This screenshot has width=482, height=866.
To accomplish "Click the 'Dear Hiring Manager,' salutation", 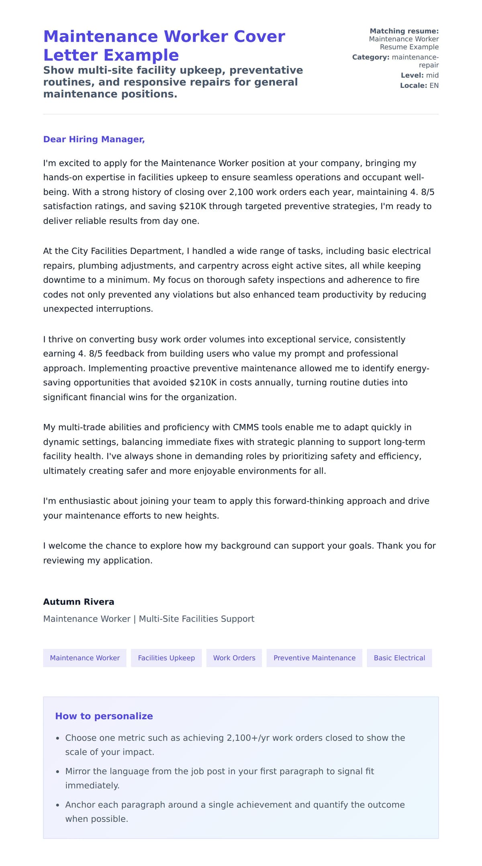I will point(94,139).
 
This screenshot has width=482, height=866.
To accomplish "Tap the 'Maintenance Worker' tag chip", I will point(85,658).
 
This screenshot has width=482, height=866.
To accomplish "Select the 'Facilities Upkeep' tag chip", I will point(166,658).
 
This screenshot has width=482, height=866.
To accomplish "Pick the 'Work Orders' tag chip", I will point(234,658).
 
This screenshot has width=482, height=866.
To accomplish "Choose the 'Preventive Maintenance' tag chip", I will point(314,658).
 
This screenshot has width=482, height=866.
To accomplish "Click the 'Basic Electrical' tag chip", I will point(399,658).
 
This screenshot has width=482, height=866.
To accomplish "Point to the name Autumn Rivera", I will point(79,601).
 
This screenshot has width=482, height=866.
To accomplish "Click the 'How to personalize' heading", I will point(104,716).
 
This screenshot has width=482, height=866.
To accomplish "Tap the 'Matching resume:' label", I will point(404,31).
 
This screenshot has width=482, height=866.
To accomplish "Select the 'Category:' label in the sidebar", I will point(371,57).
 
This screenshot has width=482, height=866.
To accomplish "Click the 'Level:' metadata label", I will point(412,75).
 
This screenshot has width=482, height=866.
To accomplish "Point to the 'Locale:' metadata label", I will point(413,86).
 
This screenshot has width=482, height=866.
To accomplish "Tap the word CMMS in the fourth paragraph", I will point(246,427).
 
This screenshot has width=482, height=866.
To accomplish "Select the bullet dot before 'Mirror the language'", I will point(58,772).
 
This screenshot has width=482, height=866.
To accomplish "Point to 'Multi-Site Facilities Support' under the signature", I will point(196,619).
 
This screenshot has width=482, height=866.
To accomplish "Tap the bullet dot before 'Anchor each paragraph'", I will point(58,805).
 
